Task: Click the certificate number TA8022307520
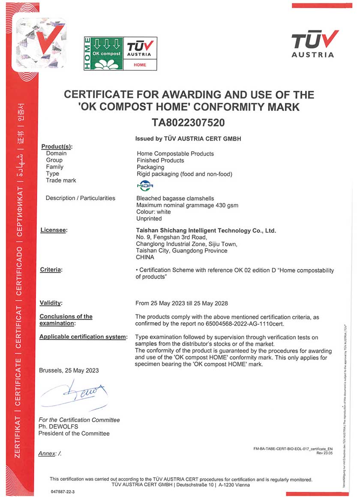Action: (x=188, y=123)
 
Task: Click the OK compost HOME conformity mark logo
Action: (x=120, y=53)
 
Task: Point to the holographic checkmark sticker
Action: (x=41, y=43)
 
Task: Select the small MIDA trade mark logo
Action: (x=141, y=186)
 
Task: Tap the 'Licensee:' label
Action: (x=54, y=231)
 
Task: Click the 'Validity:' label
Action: (x=51, y=303)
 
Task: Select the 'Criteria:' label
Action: (x=51, y=269)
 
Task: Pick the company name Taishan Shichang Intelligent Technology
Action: (x=206, y=231)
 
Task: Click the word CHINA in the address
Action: (x=145, y=257)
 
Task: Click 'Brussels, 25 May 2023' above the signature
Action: (x=69, y=370)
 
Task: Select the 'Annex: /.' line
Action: (x=50, y=453)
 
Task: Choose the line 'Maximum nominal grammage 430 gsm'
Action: (x=187, y=205)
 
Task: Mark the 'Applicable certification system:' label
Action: (x=83, y=337)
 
